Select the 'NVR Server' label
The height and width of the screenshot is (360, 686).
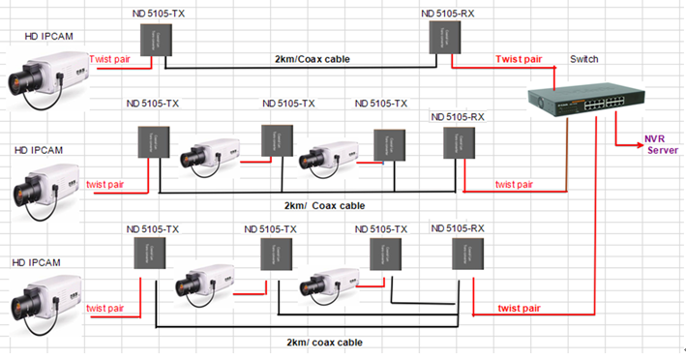pyautogui.click(x=662, y=144)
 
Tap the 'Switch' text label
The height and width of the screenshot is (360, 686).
pyautogui.click(x=584, y=59)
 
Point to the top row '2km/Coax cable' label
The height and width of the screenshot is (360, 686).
pyautogui.click(x=313, y=60)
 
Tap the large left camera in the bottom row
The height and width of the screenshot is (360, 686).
pyautogui.click(x=46, y=296)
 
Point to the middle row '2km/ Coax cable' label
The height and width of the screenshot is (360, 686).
pyautogui.click(x=324, y=205)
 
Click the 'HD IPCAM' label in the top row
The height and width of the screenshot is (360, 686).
pyautogui.click(x=48, y=36)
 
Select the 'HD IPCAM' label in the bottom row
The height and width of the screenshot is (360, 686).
pyautogui.click(x=36, y=262)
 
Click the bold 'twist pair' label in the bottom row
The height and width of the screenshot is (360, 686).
pyautogui.click(x=522, y=308)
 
